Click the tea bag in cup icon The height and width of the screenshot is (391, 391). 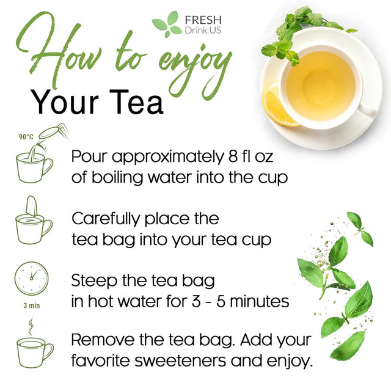click(34, 223)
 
